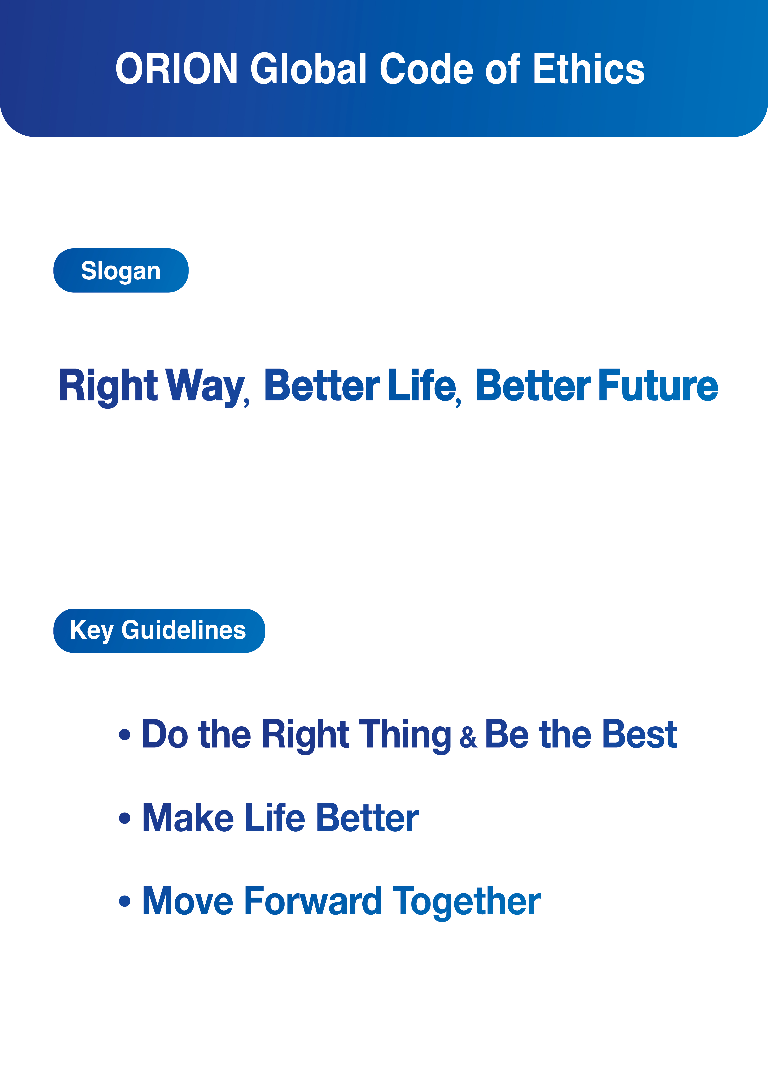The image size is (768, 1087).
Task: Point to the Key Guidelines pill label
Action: [x=159, y=631]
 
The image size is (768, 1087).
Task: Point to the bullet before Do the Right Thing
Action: [x=124, y=734]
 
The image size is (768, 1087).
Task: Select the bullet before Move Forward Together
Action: [x=124, y=901]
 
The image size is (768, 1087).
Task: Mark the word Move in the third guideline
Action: [x=188, y=901]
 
